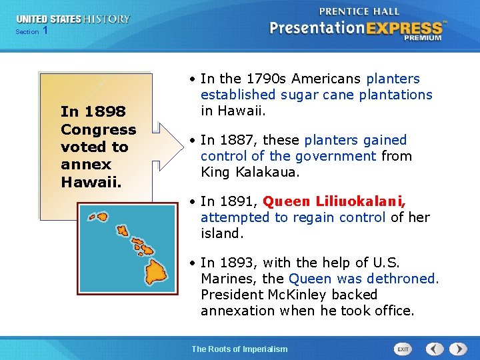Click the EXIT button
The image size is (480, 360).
(x=403, y=349)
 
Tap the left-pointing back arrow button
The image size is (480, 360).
(x=435, y=349)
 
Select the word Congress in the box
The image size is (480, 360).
(x=98, y=129)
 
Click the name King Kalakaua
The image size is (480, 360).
(x=240, y=172)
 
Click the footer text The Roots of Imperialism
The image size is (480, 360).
(x=239, y=349)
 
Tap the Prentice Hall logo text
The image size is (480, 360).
(x=360, y=11)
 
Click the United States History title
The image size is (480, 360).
(x=73, y=19)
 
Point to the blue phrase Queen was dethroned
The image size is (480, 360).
(x=364, y=279)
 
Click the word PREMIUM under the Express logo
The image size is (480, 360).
(x=422, y=38)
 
